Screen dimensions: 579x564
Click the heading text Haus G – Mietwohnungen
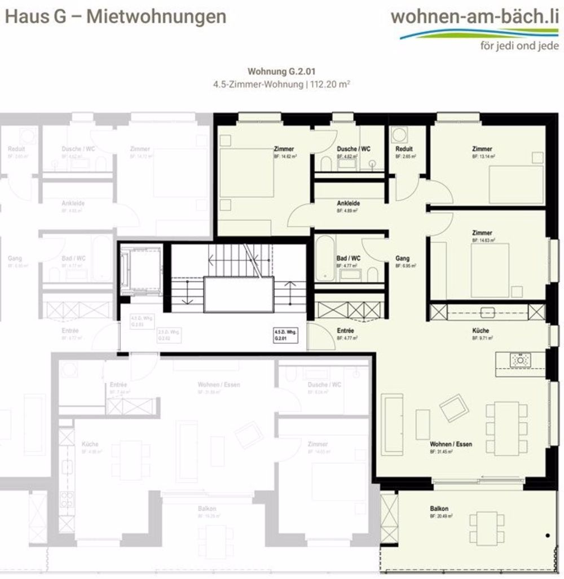[116, 16]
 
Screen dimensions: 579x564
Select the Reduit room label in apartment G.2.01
[404, 149]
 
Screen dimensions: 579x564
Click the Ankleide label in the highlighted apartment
[348, 203]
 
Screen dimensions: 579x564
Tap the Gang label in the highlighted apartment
[402, 258]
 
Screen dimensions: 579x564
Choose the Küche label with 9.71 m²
[481, 331]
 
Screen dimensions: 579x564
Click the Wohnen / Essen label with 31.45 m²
[451, 444]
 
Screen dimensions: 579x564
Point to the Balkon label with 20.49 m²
[440, 508]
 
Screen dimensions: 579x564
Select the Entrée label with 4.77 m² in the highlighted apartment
[345, 331]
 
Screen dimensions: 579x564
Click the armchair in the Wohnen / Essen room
[453, 408]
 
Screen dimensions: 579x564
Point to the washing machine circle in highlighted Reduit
[400, 134]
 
